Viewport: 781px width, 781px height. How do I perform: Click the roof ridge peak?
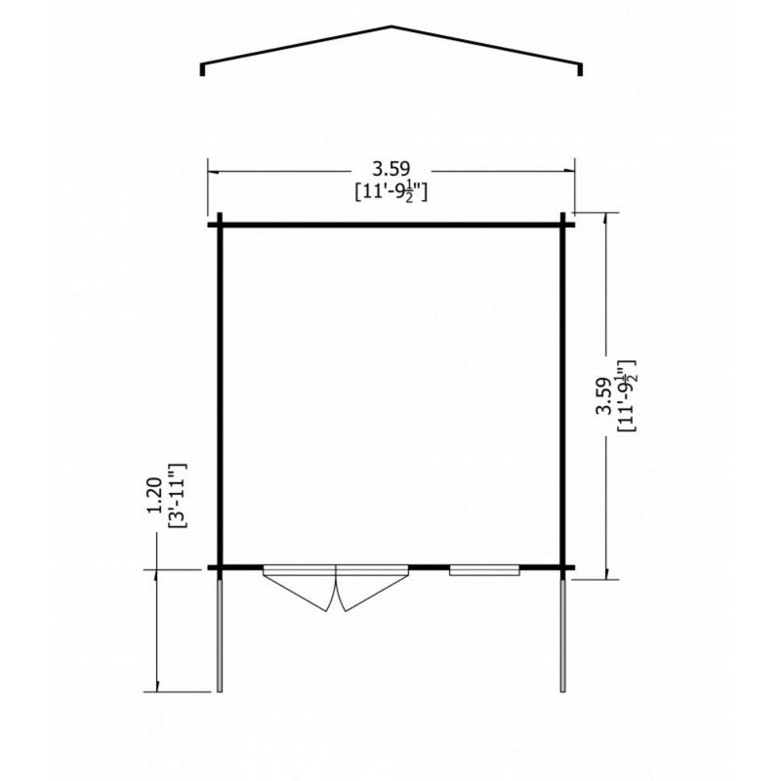click(391, 26)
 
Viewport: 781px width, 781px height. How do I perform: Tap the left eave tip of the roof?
click(202, 75)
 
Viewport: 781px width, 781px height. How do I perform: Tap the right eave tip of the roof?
click(580, 75)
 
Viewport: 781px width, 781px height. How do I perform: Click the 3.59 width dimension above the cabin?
click(391, 169)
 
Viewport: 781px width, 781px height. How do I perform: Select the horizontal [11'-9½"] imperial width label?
click(391, 191)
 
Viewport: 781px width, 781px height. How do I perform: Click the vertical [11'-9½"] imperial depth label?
click(627, 396)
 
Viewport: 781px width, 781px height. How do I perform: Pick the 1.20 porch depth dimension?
click(155, 496)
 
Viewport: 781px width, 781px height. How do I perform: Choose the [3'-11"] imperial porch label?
click(178, 496)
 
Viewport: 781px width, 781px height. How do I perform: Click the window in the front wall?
click(484, 570)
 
